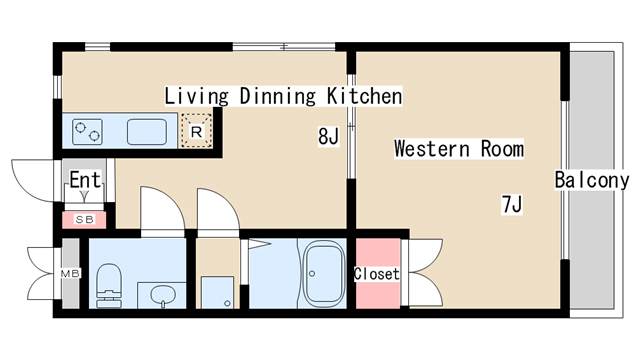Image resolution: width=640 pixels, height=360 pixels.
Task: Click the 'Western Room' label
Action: (x=459, y=149)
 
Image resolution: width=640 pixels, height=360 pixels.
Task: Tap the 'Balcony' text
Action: (x=592, y=180)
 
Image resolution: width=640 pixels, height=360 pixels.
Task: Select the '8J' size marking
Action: (x=328, y=136)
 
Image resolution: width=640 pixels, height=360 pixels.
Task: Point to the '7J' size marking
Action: (x=512, y=204)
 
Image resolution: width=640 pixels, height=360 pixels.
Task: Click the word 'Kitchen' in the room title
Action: (x=364, y=96)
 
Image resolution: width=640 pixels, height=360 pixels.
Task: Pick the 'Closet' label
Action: (x=376, y=273)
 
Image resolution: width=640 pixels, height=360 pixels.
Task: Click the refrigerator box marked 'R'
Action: (x=196, y=131)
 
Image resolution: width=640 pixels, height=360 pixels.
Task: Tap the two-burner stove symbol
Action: (x=87, y=131)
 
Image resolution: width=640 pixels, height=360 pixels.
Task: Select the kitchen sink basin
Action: (x=147, y=131)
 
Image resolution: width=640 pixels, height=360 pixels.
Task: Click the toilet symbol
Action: (x=109, y=285)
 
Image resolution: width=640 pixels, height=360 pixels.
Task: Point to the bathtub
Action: (x=324, y=273)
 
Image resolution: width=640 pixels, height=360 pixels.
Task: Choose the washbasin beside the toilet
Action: (x=162, y=295)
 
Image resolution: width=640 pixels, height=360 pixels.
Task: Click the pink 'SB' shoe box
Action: (x=84, y=220)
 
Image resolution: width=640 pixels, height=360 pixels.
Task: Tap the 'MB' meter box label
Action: (x=70, y=273)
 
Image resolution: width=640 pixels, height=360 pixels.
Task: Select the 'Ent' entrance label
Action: (x=85, y=180)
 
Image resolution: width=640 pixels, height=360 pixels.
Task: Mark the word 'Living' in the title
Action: (x=196, y=96)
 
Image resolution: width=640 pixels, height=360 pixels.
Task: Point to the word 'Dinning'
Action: (x=278, y=96)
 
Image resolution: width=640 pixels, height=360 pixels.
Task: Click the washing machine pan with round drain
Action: (x=218, y=292)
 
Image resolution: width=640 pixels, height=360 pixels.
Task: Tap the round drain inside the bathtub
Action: (x=312, y=273)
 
